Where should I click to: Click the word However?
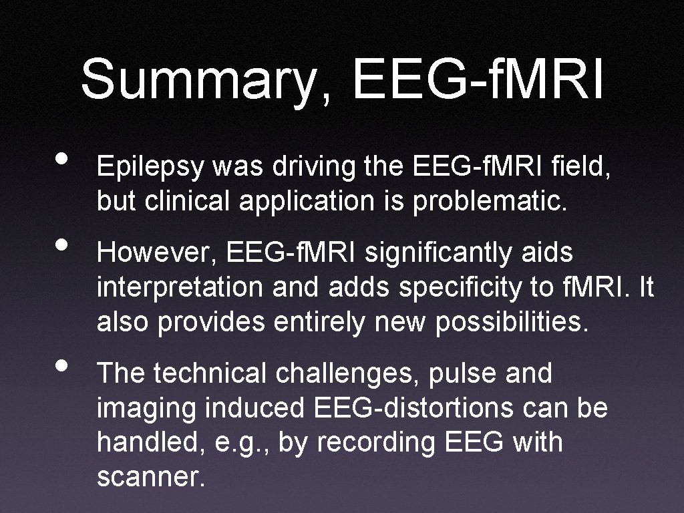coord(158,254)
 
